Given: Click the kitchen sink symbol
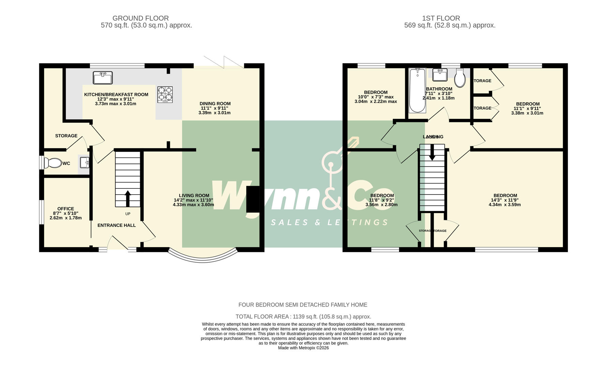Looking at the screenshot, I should point(103,78).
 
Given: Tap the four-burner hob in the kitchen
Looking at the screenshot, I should point(165,94).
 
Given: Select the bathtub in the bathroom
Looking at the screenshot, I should point(417,90).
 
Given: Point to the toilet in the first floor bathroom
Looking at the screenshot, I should point(460,78).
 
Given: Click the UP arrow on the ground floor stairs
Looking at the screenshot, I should point(128,198).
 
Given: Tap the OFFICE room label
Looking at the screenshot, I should point(65,209).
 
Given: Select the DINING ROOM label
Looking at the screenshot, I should point(215,104).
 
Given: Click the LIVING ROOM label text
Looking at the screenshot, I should point(194,196).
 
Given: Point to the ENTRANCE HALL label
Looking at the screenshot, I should point(117,225).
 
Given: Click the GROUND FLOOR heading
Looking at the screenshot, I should point(140,18).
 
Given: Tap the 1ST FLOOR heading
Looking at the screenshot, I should point(441,18).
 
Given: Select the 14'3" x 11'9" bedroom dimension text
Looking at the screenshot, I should point(505,200).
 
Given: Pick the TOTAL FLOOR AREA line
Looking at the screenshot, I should point(303,317).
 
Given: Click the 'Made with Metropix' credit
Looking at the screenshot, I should point(303,348).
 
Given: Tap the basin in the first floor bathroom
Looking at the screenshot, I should point(440,75).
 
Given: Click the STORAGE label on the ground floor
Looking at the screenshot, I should point(66,136).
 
